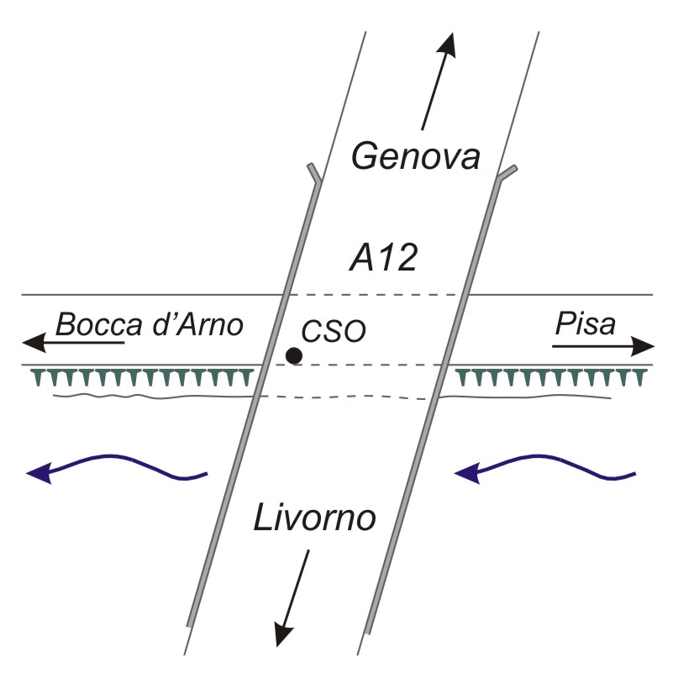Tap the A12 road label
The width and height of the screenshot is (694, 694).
(382, 259)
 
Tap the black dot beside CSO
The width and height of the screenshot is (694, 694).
(293, 355)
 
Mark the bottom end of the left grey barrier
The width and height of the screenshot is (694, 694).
(190, 622)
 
